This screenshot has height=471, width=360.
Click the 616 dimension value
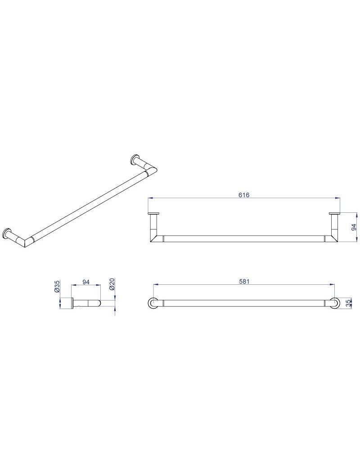click(244, 195)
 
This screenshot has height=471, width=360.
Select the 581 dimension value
click(244, 281)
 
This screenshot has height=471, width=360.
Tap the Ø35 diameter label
click(57, 287)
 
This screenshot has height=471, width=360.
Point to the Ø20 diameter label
click(111, 284)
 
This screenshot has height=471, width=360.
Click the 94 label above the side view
click(86, 282)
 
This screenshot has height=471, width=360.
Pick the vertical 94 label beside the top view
click(354, 227)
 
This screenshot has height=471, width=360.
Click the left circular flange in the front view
click(153, 303)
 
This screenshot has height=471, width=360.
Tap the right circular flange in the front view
click(335, 303)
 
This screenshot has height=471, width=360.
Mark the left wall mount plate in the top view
click(153, 214)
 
